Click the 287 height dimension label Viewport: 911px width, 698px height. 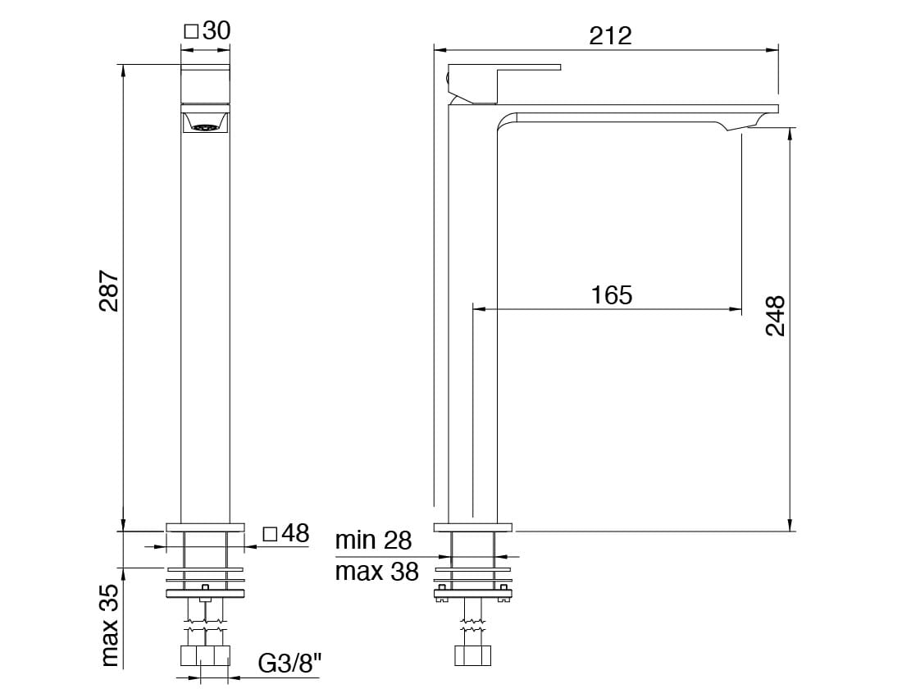[x=110, y=291]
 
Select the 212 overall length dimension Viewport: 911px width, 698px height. [x=610, y=35]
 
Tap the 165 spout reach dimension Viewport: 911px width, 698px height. [x=612, y=294]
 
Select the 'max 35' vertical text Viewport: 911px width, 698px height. [x=110, y=625]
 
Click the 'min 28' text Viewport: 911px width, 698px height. [x=373, y=541]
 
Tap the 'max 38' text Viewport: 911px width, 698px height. [x=376, y=572]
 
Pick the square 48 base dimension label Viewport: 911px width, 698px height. [x=285, y=534]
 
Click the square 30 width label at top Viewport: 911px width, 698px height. [x=206, y=30]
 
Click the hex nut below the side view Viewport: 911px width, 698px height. [x=473, y=656]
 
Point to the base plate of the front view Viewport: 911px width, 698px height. [x=205, y=526]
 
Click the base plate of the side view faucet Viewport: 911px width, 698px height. [x=472, y=526]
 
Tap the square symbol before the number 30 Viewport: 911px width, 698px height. [x=190, y=31]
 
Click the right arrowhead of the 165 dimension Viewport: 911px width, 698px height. [x=736, y=309]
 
